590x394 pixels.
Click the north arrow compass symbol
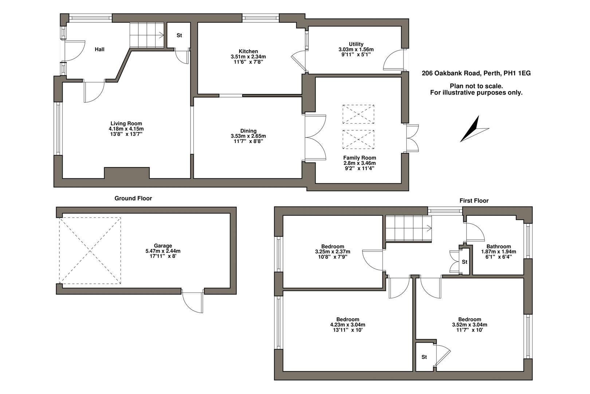pos(473,130)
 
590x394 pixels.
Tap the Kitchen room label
pos(248,51)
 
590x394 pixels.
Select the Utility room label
pos(356,44)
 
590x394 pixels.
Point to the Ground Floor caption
pos(133,198)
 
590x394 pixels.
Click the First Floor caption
pos(474,201)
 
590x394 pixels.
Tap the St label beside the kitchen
pos(179,35)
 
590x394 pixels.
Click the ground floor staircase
pos(146,35)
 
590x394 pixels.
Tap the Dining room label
pos(248,131)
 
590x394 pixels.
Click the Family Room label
pos(359,158)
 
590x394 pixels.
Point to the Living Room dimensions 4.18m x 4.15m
pos(126,129)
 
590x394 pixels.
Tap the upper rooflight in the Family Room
pos(358,114)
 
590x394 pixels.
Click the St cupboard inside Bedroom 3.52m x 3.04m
pos(424,357)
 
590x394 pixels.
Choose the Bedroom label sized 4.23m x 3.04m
pos(347,319)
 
